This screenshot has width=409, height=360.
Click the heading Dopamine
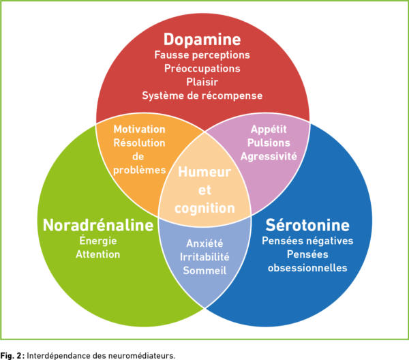[202, 38]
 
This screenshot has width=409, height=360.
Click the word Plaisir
[202, 82]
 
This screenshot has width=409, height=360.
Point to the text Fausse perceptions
[202, 55]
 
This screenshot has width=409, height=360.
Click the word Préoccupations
[202, 68]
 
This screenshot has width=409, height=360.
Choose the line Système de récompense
[202, 95]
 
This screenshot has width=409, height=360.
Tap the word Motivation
[139, 130]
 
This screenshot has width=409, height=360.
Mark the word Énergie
[97, 241]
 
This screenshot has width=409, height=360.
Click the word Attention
[97, 254]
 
